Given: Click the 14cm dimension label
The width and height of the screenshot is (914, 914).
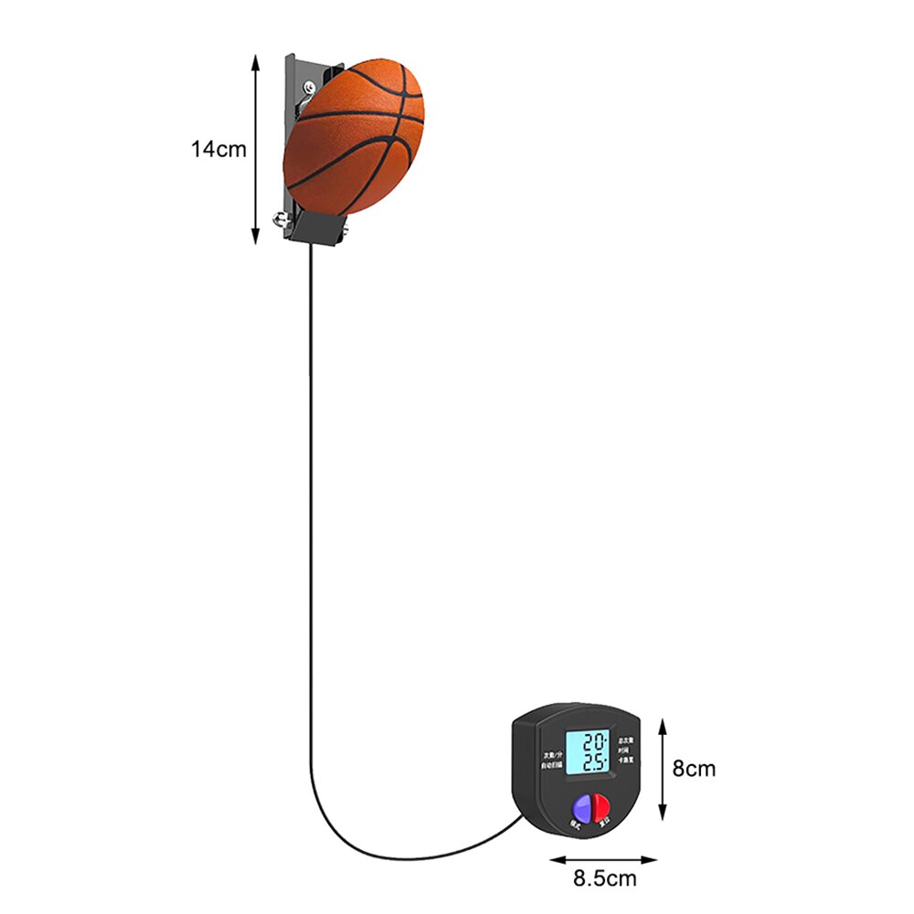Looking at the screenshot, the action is click(x=218, y=149).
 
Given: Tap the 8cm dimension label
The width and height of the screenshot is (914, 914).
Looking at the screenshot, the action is click(x=694, y=769).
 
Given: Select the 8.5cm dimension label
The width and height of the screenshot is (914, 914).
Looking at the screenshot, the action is click(x=604, y=879).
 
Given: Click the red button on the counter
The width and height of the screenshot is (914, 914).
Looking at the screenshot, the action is click(x=601, y=805).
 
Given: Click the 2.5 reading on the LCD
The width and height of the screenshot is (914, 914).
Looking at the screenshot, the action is click(x=595, y=762).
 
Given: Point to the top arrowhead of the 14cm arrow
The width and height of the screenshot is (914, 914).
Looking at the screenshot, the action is click(x=255, y=57).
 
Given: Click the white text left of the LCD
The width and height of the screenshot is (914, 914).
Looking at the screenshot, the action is click(x=550, y=760).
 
